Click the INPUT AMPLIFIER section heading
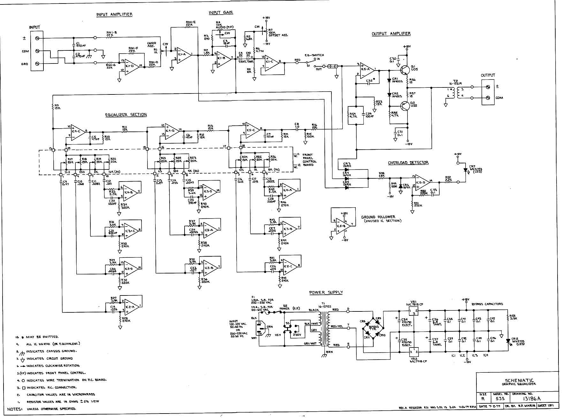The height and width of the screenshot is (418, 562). coord(114,15)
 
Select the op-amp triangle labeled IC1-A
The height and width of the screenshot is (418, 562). coord(183,55)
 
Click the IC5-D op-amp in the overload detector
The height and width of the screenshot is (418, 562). coord(422,182)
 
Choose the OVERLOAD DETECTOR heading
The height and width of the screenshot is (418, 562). coord(408,163)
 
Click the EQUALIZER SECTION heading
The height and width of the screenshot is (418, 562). coord(126,115)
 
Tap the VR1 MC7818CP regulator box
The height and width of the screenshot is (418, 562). coord(414,310)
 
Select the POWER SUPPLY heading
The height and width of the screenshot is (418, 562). coord(326,293)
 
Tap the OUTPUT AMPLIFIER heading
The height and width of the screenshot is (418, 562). coord(391,34)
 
